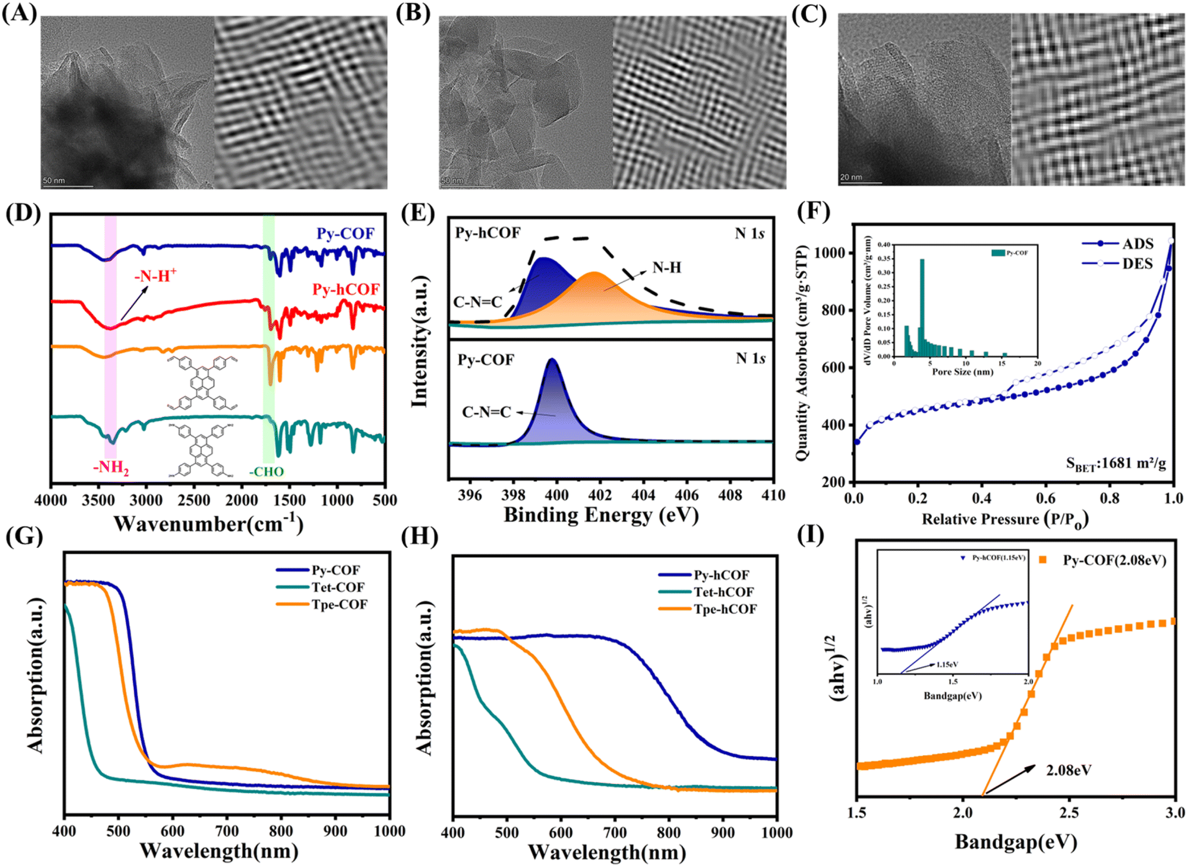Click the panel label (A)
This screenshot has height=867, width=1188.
(19, 13)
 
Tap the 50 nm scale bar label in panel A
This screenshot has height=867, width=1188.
(54, 181)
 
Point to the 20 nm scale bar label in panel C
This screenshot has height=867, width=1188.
(851, 177)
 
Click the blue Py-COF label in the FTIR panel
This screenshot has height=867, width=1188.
(345, 234)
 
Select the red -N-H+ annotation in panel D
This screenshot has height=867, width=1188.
(156, 276)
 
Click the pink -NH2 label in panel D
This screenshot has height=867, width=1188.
(111, 468)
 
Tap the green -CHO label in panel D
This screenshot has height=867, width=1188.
(267, 472)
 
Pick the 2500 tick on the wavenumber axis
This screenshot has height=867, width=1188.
(194, 500)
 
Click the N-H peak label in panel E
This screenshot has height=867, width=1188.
(667, 268)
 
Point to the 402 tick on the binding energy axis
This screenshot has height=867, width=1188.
(600, 496)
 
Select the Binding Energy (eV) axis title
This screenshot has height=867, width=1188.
(601, 516)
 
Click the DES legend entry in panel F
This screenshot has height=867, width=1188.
(1137, 264)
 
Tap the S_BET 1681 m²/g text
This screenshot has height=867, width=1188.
(1116, 464)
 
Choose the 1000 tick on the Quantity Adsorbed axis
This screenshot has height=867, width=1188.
(831, 253)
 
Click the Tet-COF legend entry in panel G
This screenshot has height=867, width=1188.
(337, 588)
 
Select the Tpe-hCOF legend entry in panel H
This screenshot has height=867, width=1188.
(725, 610)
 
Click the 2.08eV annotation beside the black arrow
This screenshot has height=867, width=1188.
(1069, 771)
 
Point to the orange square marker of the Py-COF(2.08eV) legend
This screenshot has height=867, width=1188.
(1042, 560)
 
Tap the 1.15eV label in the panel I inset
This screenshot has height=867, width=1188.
(947, 665)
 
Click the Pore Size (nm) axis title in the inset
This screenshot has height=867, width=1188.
(962, 372)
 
